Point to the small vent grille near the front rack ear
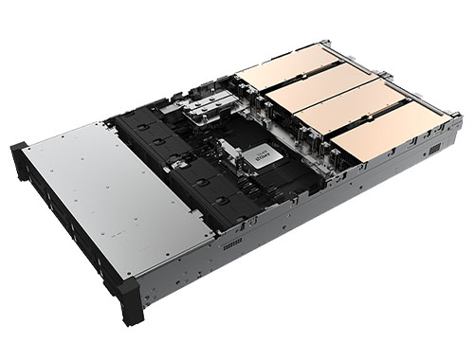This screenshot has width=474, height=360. click(232, 243)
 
